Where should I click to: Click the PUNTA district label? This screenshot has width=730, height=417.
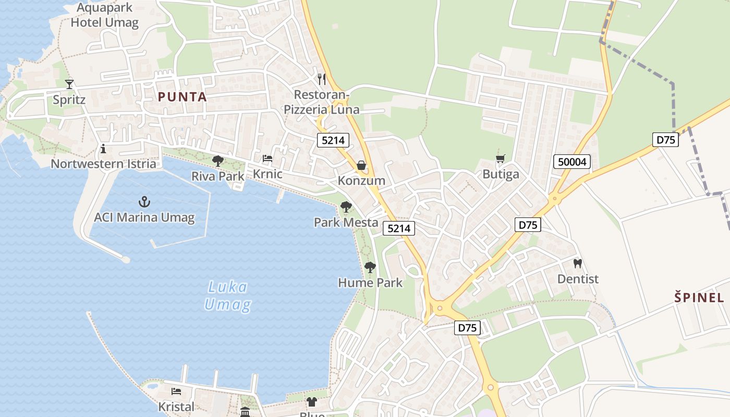182,97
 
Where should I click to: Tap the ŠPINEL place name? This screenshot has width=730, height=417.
699,298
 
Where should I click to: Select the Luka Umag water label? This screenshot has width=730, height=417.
227,296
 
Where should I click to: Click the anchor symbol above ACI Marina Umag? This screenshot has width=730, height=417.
144,202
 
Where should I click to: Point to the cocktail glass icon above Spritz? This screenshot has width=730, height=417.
69,84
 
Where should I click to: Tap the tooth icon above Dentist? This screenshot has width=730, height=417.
577,263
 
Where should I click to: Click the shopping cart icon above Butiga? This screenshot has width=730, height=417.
501,158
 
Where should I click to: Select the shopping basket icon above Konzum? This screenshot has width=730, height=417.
361,166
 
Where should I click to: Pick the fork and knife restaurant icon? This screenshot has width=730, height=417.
322,79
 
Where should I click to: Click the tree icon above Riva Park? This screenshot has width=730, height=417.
218,161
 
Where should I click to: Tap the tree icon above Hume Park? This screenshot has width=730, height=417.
370,267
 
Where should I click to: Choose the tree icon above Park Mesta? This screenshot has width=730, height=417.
346,207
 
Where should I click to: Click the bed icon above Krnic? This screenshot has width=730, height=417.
267,158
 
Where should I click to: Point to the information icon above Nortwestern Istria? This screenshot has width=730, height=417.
103,149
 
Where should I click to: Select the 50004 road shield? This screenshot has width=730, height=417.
572,162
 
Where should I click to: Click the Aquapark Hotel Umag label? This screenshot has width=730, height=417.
105,15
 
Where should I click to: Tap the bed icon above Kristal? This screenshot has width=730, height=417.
176,391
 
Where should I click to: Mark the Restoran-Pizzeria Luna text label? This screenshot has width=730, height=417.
321,102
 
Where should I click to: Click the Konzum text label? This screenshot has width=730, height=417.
361,181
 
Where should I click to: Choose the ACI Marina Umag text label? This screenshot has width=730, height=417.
144,217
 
